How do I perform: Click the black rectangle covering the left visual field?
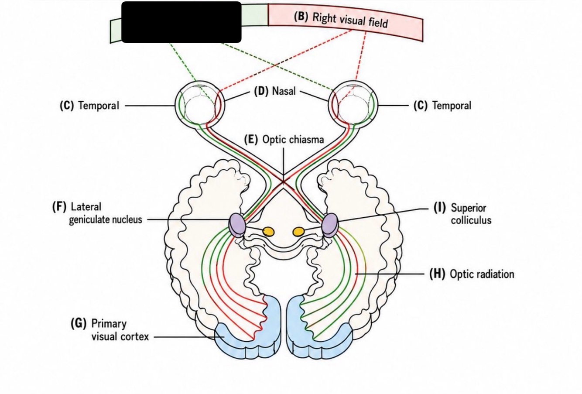181,22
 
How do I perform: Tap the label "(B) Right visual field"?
341,20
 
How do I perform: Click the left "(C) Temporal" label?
89,106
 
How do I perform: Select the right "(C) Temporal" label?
442,106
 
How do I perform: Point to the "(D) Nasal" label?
274,91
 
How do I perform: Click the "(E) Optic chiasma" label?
284,140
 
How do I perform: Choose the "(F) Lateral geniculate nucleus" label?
97,213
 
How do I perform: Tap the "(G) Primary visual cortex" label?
110,330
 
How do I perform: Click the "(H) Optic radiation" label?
472,274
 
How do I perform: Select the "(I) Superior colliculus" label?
462,214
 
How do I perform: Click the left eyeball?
199,105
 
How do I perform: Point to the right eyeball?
353,105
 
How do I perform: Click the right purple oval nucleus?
330,225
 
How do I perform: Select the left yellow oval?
268,231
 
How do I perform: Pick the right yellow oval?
298,231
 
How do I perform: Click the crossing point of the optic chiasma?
283,182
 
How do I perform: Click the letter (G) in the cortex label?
78,324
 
